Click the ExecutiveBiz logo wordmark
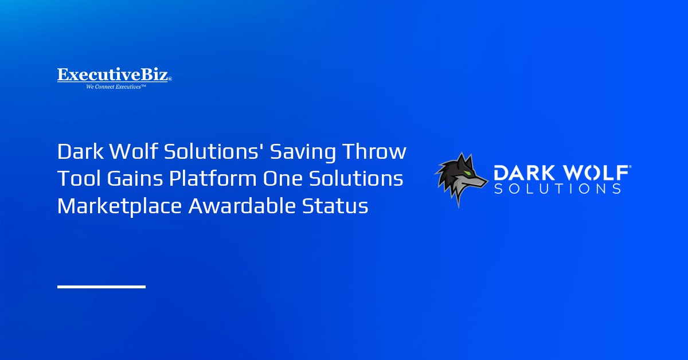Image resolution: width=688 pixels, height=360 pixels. coord(114,75)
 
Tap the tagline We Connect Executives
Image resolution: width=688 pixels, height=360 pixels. coord(116,87)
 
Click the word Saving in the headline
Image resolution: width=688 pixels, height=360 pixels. coord(303,152)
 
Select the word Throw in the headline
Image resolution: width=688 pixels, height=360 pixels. coord(374,151)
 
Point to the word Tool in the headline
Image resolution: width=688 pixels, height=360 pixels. coord(79,178)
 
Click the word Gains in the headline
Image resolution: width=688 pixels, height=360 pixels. coord(135,178)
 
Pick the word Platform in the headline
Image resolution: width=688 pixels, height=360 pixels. coord(213,178)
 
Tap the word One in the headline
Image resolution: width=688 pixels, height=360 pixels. coord(283,179)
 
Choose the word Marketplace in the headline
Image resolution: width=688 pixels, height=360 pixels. coord(119,206)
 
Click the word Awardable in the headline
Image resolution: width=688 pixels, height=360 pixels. coord(242,205)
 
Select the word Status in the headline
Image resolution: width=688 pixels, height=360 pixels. coord(335,206)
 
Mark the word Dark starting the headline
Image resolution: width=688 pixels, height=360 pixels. coord(80,151)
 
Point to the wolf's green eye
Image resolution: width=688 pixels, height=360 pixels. coord(467,173)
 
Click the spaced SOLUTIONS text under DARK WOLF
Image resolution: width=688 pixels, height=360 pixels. coord(557,189)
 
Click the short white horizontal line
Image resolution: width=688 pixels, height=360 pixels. coord(101,287)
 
